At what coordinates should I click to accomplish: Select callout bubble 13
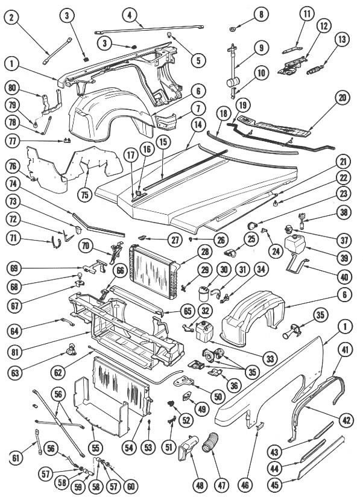tap(342, 40)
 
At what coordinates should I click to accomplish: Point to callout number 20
tap(342, 97)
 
